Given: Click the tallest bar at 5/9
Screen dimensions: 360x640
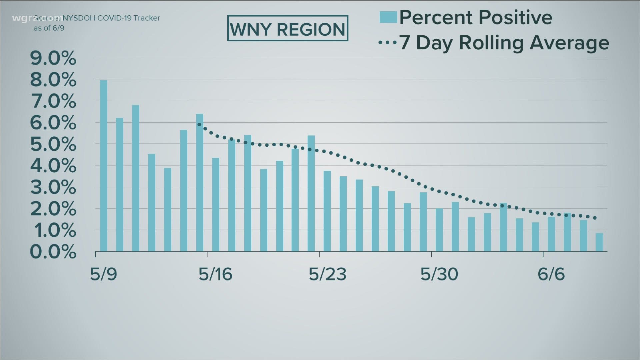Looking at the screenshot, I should pos(103,166).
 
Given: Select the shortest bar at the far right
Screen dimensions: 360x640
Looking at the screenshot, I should pos(599,242).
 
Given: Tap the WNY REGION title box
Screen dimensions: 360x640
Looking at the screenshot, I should pos(287,28).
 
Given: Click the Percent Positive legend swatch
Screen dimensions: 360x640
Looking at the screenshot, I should pos(388,17).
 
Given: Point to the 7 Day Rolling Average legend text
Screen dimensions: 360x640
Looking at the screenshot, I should pos(504,43).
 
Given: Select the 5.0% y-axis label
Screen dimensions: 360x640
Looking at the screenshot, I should pos(53,144).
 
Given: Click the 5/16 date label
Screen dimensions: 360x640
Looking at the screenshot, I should pos(215,274).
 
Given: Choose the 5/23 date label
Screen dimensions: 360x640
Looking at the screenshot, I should pos(327,274).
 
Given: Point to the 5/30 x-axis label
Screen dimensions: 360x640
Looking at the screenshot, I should pos(439,274).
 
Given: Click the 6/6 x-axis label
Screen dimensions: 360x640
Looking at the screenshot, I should pos(551,274).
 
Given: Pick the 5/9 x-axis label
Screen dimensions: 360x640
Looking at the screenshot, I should pos(103,274).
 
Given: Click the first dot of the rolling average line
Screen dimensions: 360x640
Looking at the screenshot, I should pos(199,124).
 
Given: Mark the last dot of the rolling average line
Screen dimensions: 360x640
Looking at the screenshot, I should pos(595,218).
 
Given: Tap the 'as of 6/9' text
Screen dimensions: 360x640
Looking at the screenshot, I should pos(49,28).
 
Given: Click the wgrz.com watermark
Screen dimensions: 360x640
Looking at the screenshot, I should pos(37,18).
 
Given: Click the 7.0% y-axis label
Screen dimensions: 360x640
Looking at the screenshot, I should pos(53,101).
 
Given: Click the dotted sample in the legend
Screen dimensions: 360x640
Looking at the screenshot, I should pos(388,43).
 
